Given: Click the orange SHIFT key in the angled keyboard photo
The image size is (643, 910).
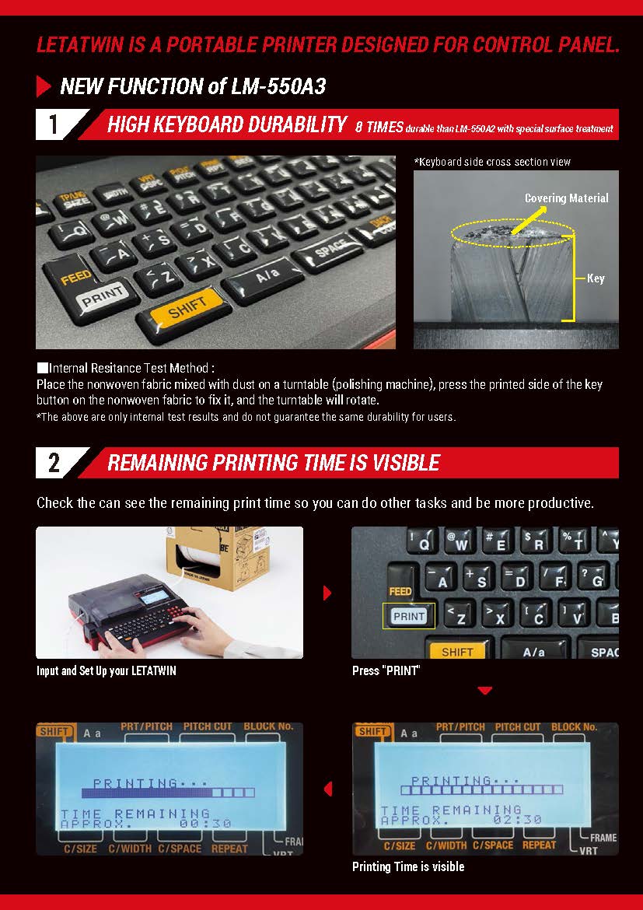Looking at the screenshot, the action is [x=187, y=306].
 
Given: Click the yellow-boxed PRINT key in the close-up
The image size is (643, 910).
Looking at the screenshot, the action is [x=408, y=616].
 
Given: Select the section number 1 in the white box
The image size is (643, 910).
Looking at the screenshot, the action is [x=54, y=124].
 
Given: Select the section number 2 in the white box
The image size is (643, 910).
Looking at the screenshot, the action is [x=54, y=463].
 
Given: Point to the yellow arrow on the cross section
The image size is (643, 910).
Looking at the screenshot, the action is [x=532, y=221].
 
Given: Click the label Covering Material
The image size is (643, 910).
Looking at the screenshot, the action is [x=566, y=198].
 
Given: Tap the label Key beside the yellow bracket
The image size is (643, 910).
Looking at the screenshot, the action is [x=596, y=278].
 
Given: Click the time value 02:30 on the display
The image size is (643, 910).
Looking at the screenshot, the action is [x=518, y=820].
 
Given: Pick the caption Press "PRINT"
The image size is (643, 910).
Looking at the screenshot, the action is [x=386, y=671].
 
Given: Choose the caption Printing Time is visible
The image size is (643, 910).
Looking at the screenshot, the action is [x=408, y=866].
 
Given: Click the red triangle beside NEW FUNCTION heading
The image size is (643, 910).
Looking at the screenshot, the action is [x=44, y=86].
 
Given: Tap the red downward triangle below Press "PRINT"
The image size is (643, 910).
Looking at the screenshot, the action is [x=484, y=691].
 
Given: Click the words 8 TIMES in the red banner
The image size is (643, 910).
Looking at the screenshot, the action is [x=379, y=127].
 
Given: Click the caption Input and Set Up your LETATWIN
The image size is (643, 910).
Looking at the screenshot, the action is [x=107, y=671].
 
